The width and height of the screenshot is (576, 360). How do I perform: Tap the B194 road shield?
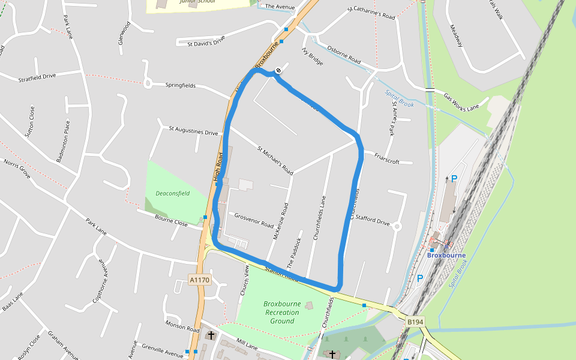(415, 322)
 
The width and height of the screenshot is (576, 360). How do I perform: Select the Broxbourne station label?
(446, 256)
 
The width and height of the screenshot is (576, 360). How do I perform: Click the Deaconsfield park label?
(173, 194)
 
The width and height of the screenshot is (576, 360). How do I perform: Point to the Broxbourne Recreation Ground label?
(281, 312)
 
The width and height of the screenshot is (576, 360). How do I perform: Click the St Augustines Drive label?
(193, 131)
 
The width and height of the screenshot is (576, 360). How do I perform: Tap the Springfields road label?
(181, 86)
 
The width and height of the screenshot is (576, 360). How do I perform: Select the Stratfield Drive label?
(37, 77)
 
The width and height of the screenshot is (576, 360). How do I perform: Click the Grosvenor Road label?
(254, 219)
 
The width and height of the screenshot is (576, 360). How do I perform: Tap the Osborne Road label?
(344, 55)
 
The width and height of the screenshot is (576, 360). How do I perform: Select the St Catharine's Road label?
(371, 13)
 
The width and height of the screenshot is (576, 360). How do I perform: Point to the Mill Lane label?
(247, 345)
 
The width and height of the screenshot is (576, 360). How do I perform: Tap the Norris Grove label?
(17, 169)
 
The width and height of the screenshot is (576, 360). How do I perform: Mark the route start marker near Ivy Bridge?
(278, 71)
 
